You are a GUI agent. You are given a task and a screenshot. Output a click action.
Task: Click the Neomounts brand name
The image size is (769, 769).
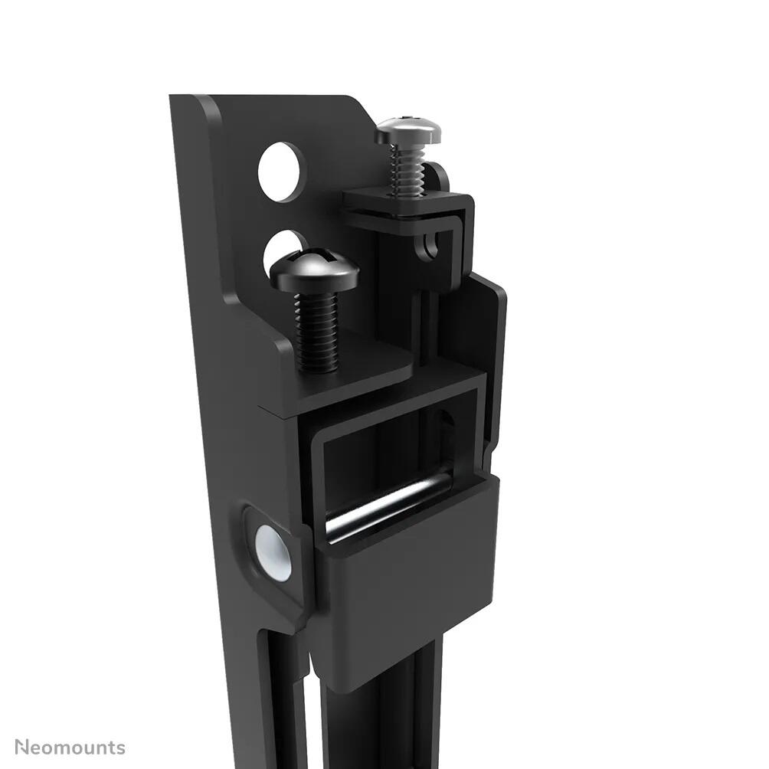coord(70,747)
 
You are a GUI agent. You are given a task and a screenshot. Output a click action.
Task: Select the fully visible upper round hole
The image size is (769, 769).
coord(281,172)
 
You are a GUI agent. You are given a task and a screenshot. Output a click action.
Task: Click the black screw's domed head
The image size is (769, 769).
coord(314,270)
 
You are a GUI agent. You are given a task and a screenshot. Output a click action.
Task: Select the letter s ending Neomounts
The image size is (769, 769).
coord(119,747)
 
